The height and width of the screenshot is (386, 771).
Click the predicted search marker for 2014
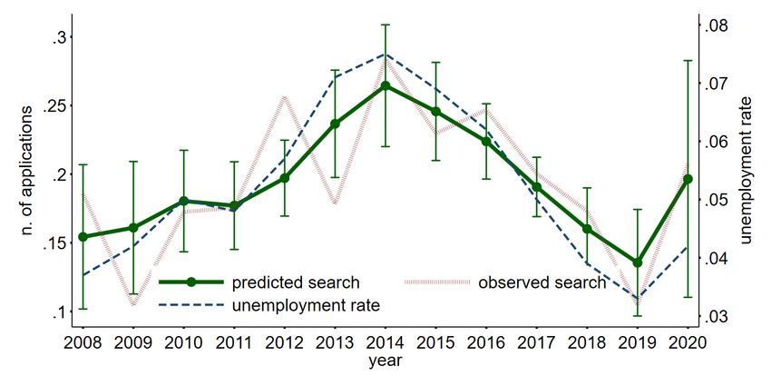385,85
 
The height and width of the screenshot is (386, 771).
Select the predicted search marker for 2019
637,262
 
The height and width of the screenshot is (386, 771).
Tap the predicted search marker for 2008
83,236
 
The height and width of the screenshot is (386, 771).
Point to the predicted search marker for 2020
688,179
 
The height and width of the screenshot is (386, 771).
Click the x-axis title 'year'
385,361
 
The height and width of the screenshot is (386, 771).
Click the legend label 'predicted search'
296,282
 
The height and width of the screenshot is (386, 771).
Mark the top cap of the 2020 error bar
688,61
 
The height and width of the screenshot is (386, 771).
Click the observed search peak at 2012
284,95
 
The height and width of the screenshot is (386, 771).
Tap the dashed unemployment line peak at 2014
385,54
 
